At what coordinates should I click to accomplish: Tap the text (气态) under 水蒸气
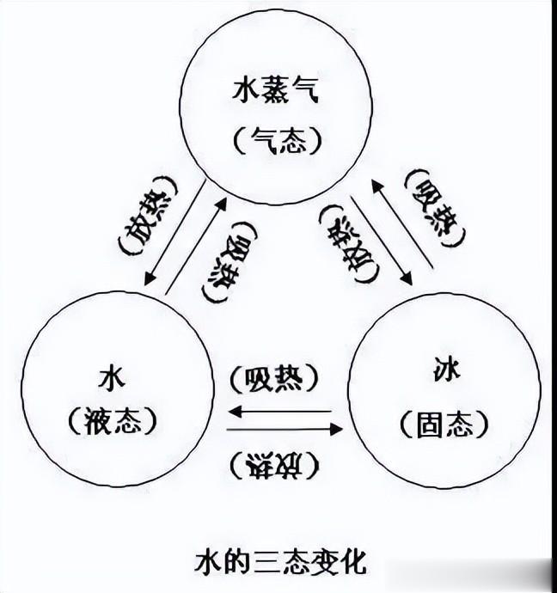tap(278, 138)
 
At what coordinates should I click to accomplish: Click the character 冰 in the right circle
tap(446, 372)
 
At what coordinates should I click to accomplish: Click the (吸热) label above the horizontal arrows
tap(276, 379)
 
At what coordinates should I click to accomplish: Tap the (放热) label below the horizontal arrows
tap(276, 464)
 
